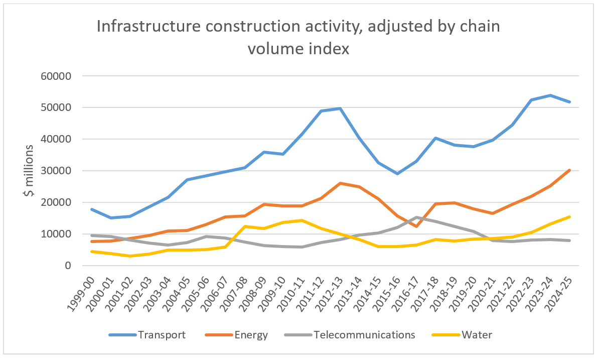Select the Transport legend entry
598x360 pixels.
161,334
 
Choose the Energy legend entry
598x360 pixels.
250,334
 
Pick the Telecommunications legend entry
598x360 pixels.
364,334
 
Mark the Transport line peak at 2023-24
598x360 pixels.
550,95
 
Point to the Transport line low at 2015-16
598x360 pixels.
397,174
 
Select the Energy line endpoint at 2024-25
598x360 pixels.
569,170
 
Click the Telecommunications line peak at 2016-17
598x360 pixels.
416,217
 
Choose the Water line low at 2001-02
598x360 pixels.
129,256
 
